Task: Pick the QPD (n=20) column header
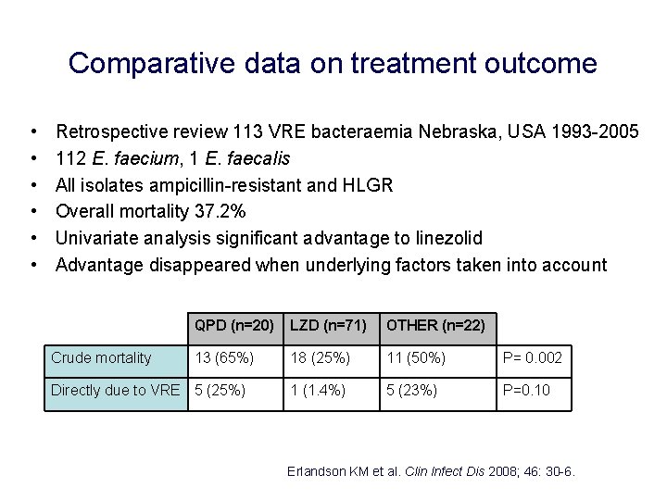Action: point(233,325)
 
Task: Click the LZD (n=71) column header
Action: point(328,325)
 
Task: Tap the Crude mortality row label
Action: point(101,358)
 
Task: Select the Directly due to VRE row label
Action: point(115,391)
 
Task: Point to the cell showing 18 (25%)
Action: point(321,358)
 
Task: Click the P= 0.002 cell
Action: point(532,358)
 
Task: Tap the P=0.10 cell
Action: point(526,391)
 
